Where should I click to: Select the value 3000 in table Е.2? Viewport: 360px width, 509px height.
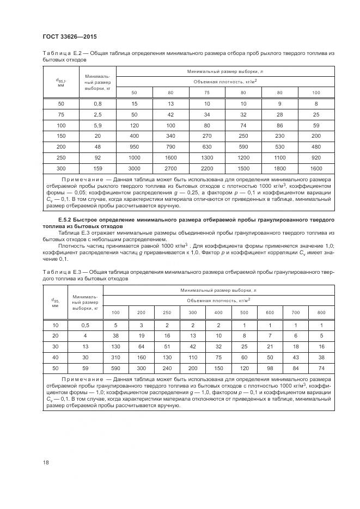tap(134, 168)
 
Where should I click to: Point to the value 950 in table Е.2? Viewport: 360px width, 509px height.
tap(134, 146)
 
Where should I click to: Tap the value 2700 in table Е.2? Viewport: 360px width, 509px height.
tap(170, 168)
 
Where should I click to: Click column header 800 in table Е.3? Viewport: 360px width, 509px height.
tap(321, 312)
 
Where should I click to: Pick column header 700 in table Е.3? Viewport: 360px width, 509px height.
tap(296, 312)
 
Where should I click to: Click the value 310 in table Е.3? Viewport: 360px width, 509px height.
tap(115, 358)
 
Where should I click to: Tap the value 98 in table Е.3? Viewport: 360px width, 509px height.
tap(270, 369)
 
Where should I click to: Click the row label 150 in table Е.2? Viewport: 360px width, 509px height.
tap(60, 136)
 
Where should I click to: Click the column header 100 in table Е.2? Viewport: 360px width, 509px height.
tap(316, 93)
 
